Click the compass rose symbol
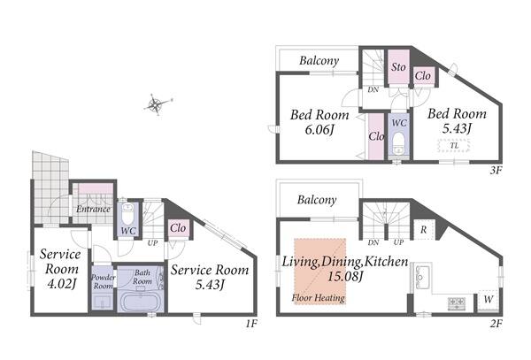[156, 104]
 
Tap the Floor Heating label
[319, 298]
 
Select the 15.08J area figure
[345, 277]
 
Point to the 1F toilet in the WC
[128, 213]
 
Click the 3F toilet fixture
[399, 142]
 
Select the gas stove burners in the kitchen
[457, 304]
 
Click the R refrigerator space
[424, 230]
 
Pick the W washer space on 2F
[488, 300]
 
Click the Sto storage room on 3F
[398, 67]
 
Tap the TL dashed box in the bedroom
[454, 146]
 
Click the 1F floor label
[251, 324]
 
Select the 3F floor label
[496, 171]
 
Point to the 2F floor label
[496, 324]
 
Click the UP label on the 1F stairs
[152, 243]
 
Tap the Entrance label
[93, 209]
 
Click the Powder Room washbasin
[103, 303]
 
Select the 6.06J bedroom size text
[319, 130]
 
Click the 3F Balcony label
[319, 61]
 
